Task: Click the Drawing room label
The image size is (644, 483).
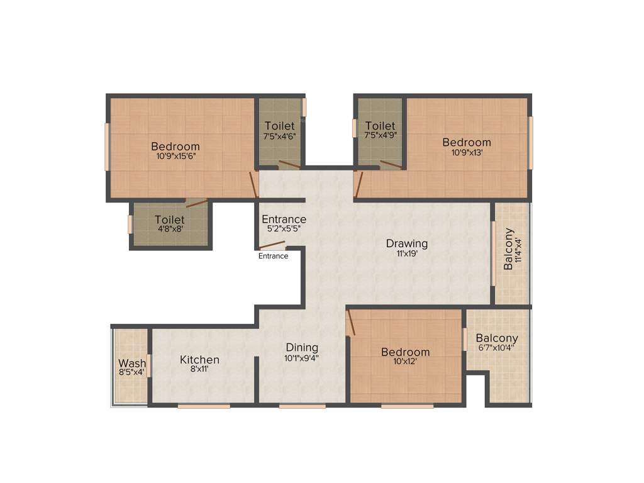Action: [x=407, y=243]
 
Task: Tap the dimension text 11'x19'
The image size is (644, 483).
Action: [x=407, y=254]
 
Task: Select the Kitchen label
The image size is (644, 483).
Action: [x=200, y=360]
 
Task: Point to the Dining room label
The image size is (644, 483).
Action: [x=302, y=347]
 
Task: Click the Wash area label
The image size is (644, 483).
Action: [x=132, y=363]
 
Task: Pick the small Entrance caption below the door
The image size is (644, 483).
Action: [x=274, y=256]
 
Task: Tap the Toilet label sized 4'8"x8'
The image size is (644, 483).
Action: [x=170, y=220]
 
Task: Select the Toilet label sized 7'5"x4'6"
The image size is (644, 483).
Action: [x=280, y=126]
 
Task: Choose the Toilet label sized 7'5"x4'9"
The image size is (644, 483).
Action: [x=380, y=126]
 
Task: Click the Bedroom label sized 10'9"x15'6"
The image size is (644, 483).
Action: [x=176, y=147]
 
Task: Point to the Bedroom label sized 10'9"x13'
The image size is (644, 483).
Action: [x=467, y=142]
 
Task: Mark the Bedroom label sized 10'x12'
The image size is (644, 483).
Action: [x=406, y=352]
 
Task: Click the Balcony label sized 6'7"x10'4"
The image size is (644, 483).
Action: [x=497, y=338]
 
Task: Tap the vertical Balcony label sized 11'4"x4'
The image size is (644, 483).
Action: [x=509, y=249]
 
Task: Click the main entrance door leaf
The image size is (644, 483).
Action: [x=272, y=245]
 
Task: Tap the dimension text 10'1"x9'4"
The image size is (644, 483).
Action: [x=302, y=358]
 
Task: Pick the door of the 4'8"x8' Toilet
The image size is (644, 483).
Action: [x=196, y=203]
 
